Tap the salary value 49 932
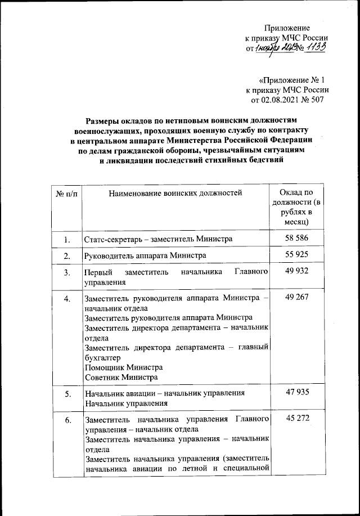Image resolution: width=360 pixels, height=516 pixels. coord(296,272)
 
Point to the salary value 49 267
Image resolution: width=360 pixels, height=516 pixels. coord(296,298)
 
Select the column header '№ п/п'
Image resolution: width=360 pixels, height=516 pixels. coord(66,194)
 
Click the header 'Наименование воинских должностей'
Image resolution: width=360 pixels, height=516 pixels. coord(174,194)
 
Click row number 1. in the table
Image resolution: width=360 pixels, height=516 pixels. coord(66,240)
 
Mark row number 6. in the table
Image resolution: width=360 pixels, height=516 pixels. coord(66,420)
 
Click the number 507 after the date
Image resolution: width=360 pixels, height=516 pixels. coord(322,100)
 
